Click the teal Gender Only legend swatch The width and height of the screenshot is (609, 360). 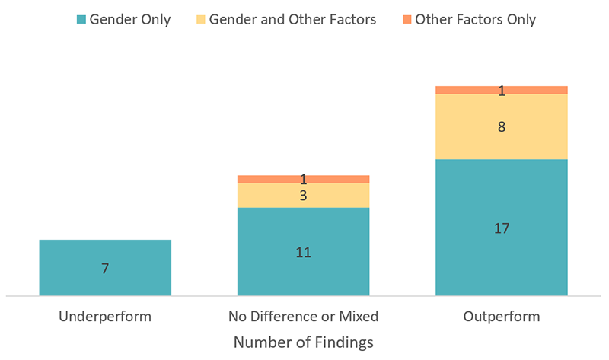tap(81, 20)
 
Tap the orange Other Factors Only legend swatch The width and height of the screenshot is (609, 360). tap(407, 20)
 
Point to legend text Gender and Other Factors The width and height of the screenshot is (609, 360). tap(294, 20)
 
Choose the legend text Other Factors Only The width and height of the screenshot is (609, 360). tap(475, 20)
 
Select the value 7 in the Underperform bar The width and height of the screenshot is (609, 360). tap(105, 268)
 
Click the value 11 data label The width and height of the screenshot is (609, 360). tap(303, 252)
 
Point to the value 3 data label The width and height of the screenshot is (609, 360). tap(303, 196)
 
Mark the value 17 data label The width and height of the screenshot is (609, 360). tap(501, 228)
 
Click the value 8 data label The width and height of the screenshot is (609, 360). tap(501, 127)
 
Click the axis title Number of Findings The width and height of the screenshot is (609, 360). tap(303, 342)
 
